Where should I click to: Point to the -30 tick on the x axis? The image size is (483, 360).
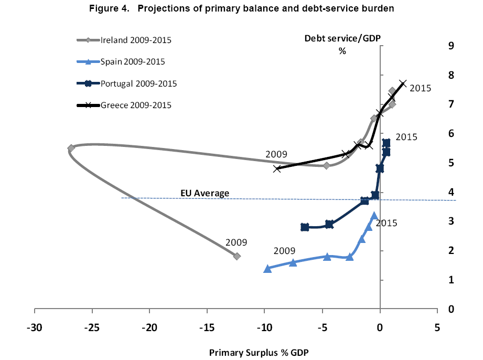click(34, 329)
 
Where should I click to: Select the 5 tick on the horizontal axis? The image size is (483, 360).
click(437, 329)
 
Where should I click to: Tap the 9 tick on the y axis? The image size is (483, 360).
click(449, 46)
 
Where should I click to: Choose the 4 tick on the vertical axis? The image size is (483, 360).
click(449, 192)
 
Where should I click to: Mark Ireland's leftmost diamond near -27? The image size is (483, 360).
click(71, 148)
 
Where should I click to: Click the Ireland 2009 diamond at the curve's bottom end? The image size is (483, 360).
click(237, 256)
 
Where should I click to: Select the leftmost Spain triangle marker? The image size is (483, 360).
click(267, 269)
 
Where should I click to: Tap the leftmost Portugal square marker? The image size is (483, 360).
click(305, 227)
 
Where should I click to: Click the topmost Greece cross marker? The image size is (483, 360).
click(403, 83)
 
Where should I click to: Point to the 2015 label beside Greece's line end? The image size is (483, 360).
click(420, 88)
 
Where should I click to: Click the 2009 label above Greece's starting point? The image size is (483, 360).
click(276, 154)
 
